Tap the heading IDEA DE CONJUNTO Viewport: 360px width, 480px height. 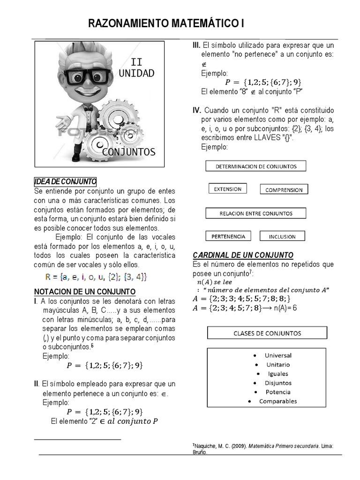click(65, 181)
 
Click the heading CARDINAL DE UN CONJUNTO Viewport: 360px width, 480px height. click(243, 255)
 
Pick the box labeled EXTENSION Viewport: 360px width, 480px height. click(227, 189)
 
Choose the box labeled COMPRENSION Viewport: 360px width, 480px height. click(284, 190)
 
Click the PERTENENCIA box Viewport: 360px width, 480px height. click(228, 236)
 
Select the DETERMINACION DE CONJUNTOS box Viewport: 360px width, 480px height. click(255, 166)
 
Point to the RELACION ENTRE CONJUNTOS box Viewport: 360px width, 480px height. click(255, 213)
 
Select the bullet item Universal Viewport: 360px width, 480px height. click(277, 355)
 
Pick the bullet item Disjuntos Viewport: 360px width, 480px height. click(277, 383)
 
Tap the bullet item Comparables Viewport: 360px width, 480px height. click(277, 401)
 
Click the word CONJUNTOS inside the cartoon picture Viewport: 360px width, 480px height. click(128, 152)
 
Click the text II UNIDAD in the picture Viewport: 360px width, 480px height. click(136, 67)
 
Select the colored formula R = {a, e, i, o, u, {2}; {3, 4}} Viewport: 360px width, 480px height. click(96, 277)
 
